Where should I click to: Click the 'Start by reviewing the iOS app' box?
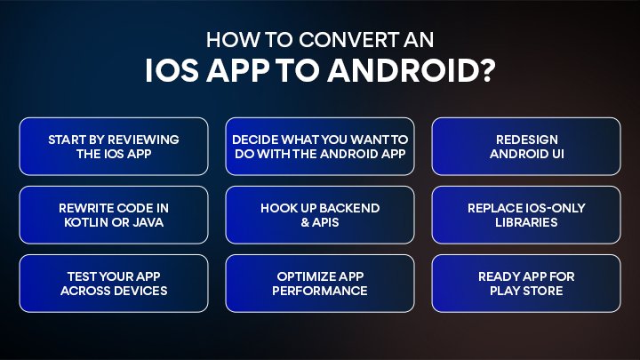114,147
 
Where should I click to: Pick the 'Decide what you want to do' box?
320,147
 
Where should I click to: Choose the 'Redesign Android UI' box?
525,147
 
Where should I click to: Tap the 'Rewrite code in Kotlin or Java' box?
114,215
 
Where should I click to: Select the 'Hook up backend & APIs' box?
320,215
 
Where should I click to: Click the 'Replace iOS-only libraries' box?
525,215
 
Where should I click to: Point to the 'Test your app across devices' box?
114,284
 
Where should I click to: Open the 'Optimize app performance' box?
320,284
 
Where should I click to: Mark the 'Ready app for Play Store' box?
525,284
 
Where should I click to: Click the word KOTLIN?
84,222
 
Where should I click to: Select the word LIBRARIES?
525,222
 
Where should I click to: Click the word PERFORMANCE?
320,291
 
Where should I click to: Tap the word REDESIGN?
525,140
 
